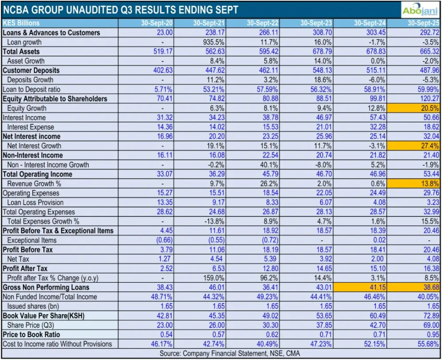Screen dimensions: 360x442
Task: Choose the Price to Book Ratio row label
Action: coord(31,334)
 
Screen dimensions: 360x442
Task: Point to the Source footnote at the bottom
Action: coord(221,353)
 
